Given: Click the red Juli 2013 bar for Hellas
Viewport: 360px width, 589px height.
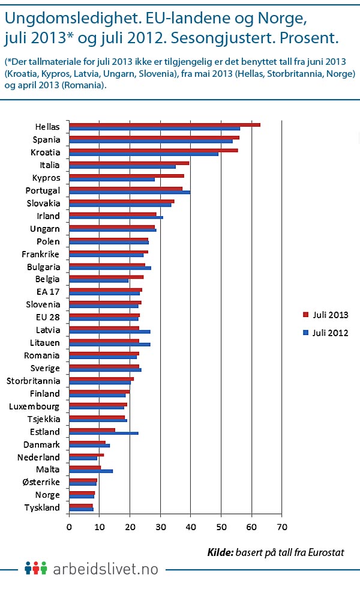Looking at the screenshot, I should (x=164, y=125).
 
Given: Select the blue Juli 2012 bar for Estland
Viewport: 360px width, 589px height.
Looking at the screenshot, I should (x=104, y=433).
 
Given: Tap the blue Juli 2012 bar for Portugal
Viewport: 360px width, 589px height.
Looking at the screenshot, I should (x=130, y=192).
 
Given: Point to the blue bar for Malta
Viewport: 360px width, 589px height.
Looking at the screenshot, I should (x=91, y=471).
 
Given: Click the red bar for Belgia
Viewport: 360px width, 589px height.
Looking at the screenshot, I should (x=106, y=277).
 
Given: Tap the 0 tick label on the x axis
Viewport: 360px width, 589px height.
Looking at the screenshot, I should (x=69, y=527).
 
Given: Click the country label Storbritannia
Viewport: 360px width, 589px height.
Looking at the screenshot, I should (x=33, y=381).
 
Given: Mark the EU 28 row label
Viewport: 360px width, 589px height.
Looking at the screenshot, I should (x=48, y=318).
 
